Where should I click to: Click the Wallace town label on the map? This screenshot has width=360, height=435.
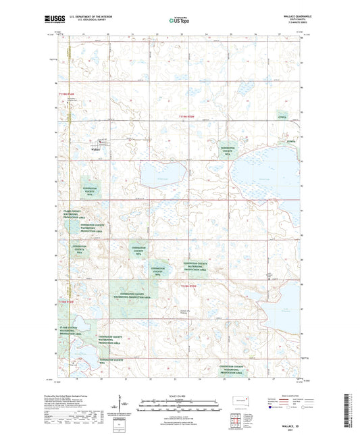tap(96, 150)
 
